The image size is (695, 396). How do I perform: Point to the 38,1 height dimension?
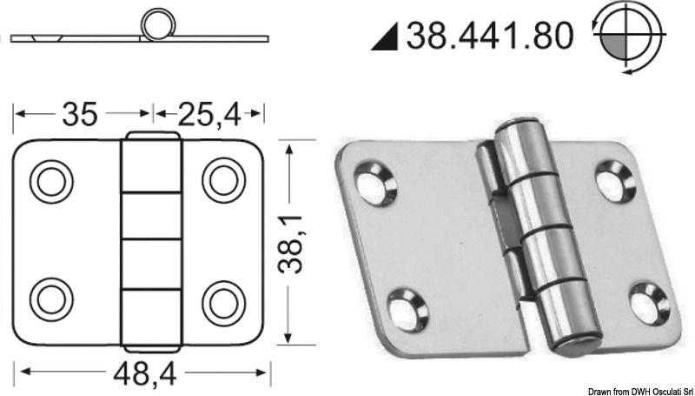point(298,241)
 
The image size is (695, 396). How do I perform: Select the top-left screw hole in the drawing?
point(50,180)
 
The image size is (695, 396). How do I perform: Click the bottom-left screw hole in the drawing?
point(50,299)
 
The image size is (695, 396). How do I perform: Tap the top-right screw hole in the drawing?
point(223,180)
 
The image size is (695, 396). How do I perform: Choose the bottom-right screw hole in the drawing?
point(223,299)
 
